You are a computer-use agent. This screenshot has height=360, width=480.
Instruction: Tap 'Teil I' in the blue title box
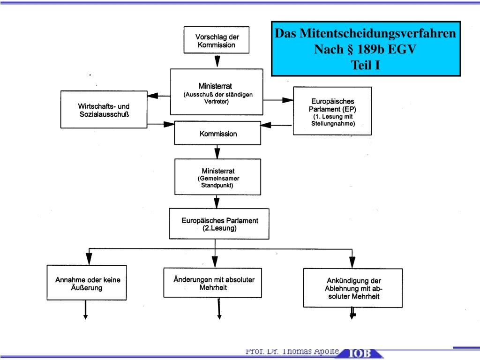(366, 65)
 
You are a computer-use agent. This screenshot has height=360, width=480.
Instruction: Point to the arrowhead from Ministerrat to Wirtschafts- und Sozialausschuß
(152, 96)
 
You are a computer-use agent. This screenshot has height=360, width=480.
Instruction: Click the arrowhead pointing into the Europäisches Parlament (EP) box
(288, 100)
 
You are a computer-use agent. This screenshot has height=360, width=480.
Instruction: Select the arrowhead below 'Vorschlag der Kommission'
(217, 61)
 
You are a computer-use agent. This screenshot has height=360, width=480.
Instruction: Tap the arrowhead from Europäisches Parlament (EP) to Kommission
(266, 125)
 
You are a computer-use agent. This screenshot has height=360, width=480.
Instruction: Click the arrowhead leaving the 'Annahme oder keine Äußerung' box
(85, 317)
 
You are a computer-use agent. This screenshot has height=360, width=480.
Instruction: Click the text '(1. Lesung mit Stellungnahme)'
(333, 120)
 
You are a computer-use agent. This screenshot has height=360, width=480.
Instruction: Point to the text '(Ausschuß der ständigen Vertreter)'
(218, 98)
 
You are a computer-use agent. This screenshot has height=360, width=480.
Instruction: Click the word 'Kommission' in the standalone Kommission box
(218, 134)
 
